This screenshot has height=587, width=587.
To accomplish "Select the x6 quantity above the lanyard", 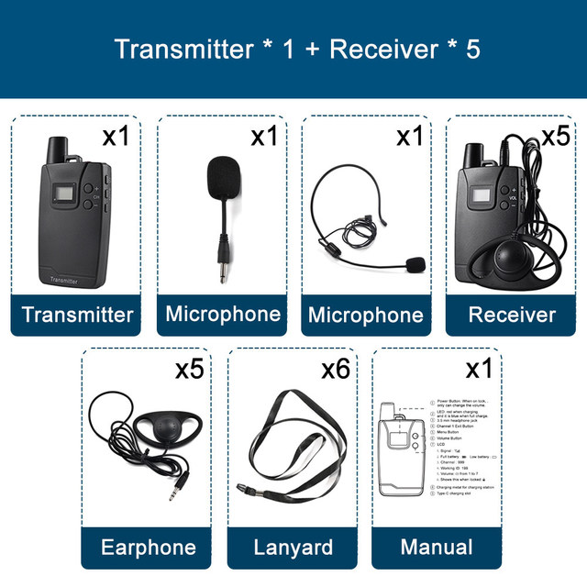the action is [336, 371].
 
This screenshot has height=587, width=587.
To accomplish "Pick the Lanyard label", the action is [293, 548].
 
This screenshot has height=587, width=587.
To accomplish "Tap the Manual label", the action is [437, 548].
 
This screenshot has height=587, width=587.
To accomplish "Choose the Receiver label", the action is [512, 315].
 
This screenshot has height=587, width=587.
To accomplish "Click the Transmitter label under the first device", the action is [78, 315].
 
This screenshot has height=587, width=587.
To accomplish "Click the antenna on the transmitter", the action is [62, 147].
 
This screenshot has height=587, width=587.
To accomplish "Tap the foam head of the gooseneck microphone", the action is [221, 174].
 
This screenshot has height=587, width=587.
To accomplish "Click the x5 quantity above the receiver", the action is [555, 137].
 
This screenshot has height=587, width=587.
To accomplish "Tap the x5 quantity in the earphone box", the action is [189, 370].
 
